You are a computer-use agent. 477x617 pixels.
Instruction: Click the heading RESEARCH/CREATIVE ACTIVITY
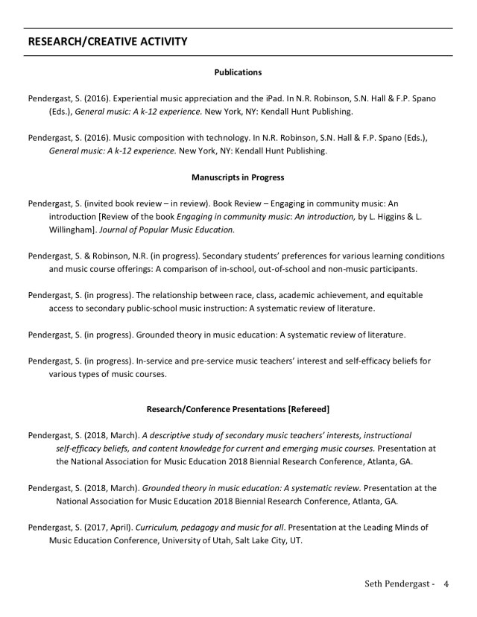[107, 41]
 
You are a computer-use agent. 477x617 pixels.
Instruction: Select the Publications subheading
[238, 72]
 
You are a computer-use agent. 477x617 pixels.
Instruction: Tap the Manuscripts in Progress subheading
[238, 177]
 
